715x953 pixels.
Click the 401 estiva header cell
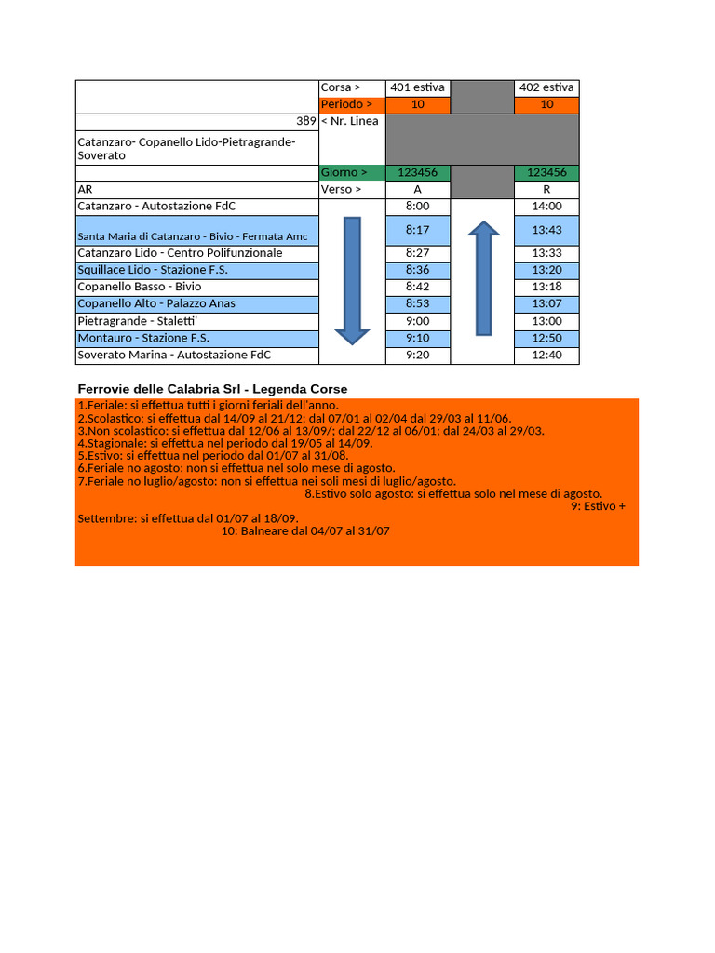pos(417,87)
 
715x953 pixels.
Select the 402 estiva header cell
pos(546,87)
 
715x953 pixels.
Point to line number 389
pos(305,121)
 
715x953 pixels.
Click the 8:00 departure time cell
pos(417,206)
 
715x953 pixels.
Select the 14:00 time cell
pos(546,206)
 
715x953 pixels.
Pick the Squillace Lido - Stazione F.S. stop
pos(153,270)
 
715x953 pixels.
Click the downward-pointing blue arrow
pos(351,279)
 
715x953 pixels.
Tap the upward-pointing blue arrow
pos(484,277)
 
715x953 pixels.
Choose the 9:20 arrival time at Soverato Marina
pos(417,355)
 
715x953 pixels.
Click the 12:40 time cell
pos(546,355)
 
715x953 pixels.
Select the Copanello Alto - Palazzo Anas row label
pos(156,303)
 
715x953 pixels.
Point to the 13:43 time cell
pos(546,230)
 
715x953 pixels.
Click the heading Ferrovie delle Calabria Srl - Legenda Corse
pos(213,388)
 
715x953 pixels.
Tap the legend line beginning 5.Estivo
pos(213,456)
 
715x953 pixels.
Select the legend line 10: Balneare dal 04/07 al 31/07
pos(305,530)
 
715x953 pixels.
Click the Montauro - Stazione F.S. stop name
pos(143,338)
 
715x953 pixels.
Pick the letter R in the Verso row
pos(546,189)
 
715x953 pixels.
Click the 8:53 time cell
pos(417,303)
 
